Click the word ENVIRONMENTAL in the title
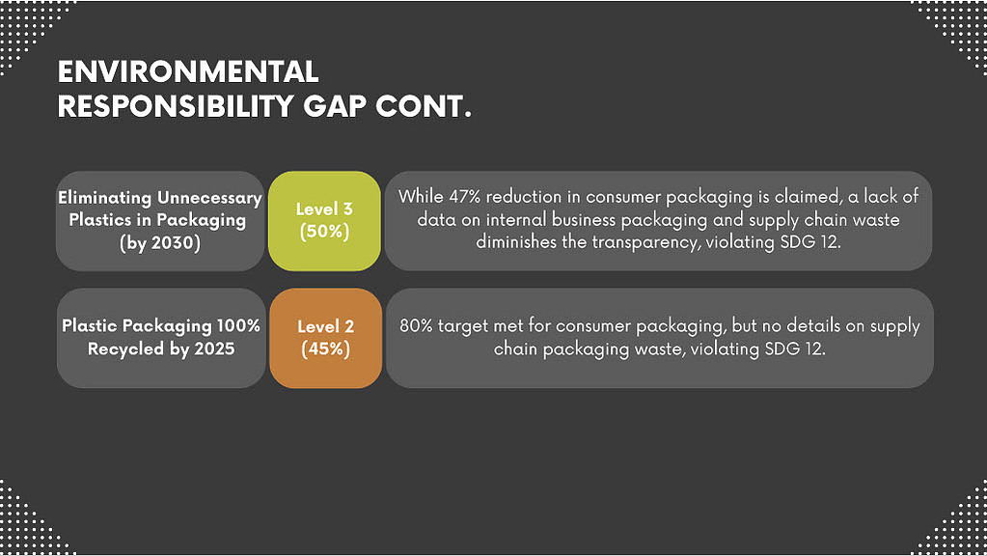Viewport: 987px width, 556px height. pyautogui.click(x=187, y=71)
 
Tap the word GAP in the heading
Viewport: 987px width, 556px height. pyautogui.click(x=334, y=106)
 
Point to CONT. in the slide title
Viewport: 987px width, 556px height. pyautogui.click(x=423, y=106)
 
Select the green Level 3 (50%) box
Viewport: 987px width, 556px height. pyautogui.click(x=324, y=221)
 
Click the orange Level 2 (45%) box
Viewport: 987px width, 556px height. pyautogui.click(x=325, y=338)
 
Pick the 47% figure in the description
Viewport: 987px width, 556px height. pyautogui.click(x=464, y=197)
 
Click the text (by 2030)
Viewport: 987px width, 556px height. pyautogui.click(x=160, y=243)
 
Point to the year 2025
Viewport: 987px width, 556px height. pyautogui.click(x=214, y=348)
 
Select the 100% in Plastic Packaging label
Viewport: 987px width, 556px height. pyautogui.click(x=238, y=325)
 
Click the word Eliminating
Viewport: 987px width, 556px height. pyautogui.click(x=105, y=198)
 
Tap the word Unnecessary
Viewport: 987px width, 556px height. pyautogui.click(x=209, y=198)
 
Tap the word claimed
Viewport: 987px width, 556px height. pyautogui.click(x=809, y=197)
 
